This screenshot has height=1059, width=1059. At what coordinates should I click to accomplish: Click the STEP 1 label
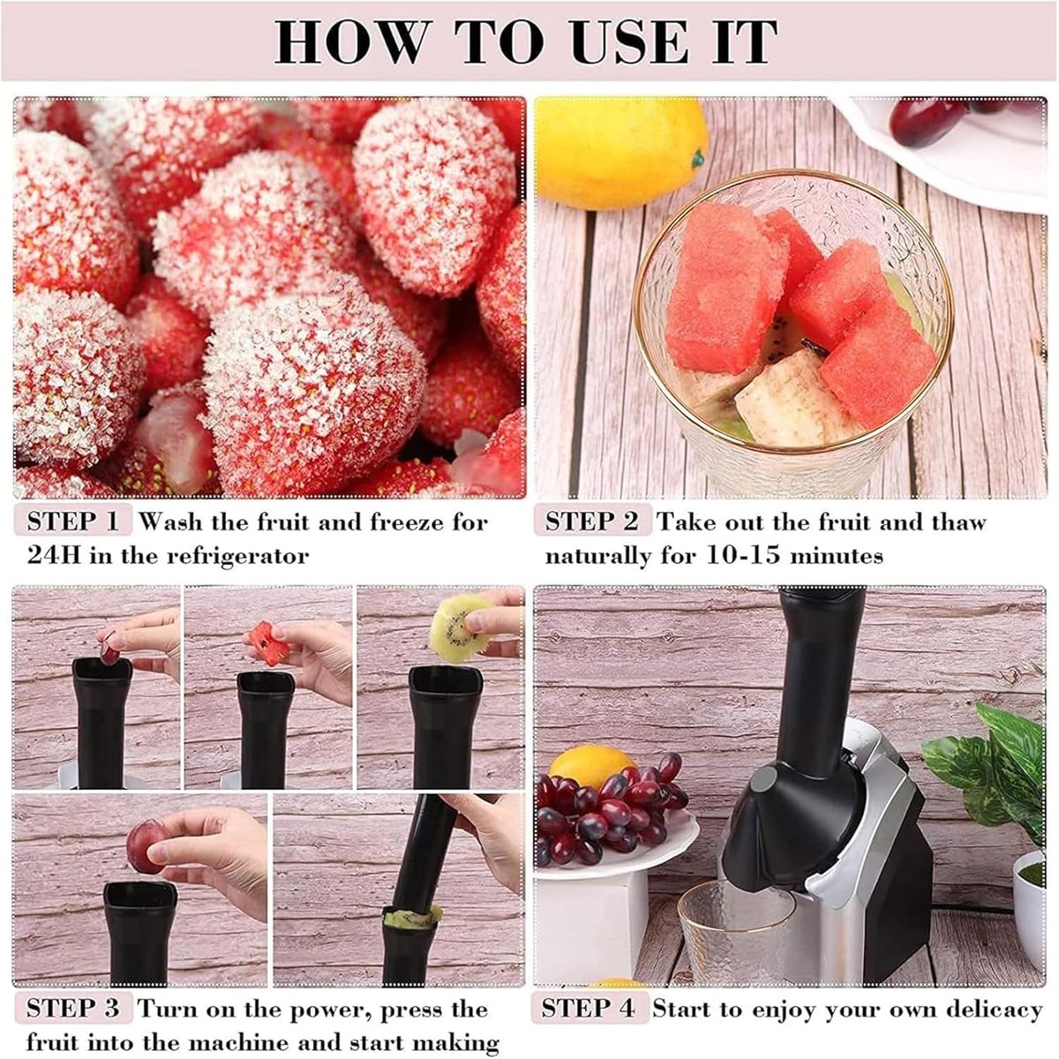[73, 521]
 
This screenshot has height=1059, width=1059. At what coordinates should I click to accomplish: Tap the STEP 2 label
[592, 521]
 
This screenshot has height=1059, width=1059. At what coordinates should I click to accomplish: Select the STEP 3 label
[73, 1008]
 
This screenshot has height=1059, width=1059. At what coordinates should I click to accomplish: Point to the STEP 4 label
[589, 1008]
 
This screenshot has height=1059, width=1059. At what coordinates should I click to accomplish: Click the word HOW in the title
[349, 42]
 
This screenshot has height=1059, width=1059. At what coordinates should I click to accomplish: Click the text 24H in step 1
[54, 556]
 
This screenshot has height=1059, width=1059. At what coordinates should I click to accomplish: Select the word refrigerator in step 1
[237, 557]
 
